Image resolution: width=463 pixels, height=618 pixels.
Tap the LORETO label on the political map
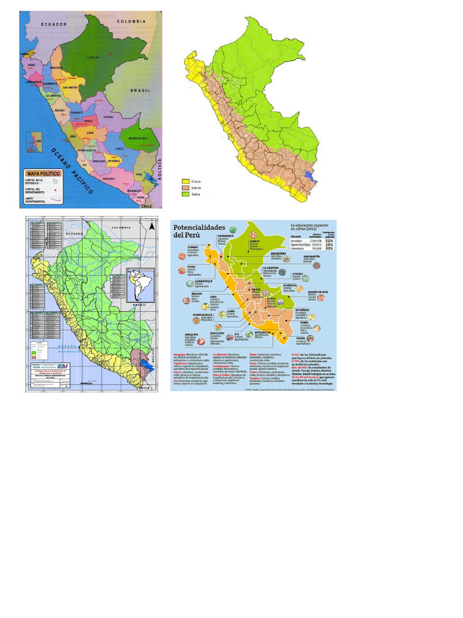pyautogui.click(x=93, y=58)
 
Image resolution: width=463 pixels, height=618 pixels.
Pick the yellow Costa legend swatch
pyautogui.click(x=186, y=182)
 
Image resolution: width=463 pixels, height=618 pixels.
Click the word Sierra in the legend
pyautogui.click(x=197, y=188)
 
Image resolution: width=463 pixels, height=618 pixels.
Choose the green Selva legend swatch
pyautogui.click(x=186, y=194)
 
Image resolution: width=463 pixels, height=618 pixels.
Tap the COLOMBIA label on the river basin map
pyautogui.click(x=121, y=228)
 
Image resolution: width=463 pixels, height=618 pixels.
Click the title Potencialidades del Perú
pyautogui.click(x=194, y=231)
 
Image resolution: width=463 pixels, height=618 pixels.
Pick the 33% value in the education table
pyautogui.click(x=329, y=248)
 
